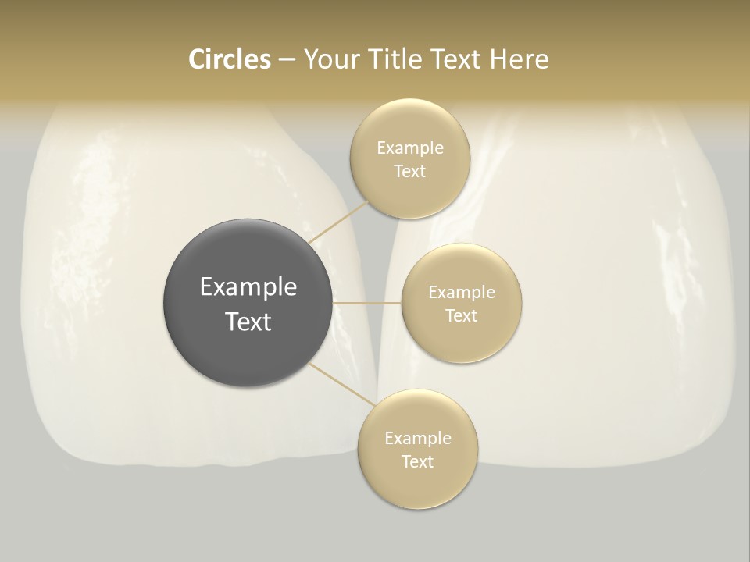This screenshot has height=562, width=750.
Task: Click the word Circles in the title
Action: [x=229, y=59]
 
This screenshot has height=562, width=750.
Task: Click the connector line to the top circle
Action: [x=338, y=221]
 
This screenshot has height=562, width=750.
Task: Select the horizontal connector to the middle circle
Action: [x=367, y=302]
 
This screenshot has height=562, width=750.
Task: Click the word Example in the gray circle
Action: [x=248, y=287]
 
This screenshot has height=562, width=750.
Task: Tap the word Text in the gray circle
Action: [x=248, y=322]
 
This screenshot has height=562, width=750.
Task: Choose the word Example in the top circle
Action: [x=410, y=148]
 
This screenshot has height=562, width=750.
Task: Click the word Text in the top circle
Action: [x=410, y=172]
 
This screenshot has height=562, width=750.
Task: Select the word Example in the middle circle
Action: [x=462, y=293]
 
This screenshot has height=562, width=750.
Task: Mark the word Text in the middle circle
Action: [x=462, y=316]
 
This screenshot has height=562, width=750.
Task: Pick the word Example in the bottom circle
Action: [x=418, y=439]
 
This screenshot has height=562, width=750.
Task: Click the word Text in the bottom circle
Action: [x=418, y=462]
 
